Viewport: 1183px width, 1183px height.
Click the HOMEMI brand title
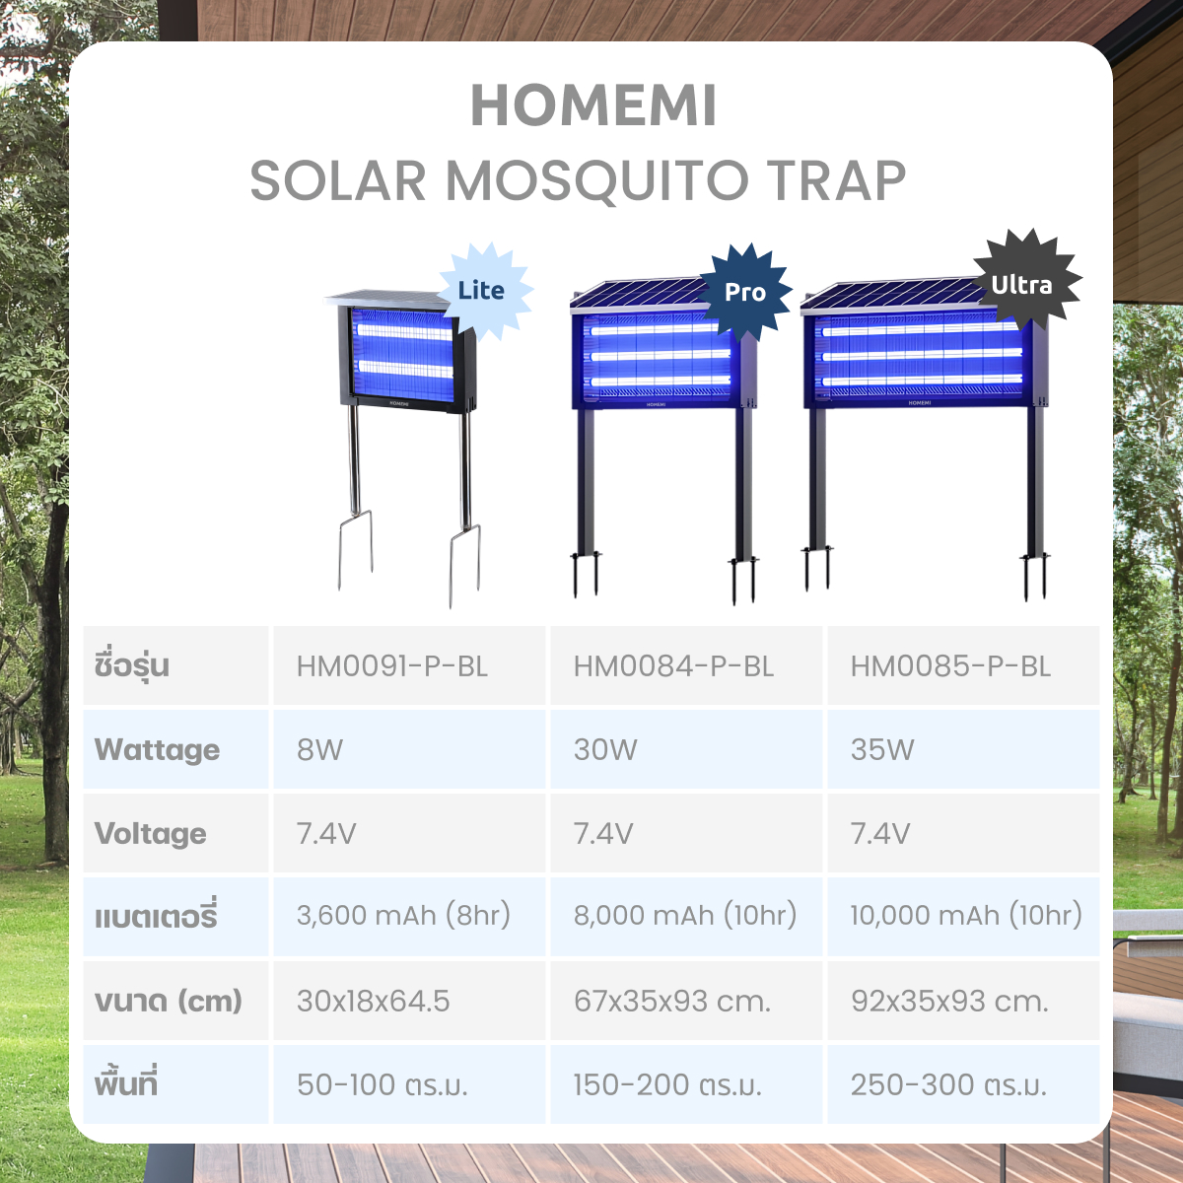(593, 105)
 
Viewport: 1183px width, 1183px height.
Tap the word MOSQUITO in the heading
(597, 181)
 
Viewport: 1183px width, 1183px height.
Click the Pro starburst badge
(744, 292)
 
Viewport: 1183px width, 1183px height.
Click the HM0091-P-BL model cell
(409, 665)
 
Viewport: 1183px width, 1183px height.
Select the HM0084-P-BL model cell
(686, 665)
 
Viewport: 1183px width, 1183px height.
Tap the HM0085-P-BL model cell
(963, 665)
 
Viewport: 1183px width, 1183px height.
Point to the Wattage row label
(157, 750)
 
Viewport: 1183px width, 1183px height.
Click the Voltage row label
(151, 834)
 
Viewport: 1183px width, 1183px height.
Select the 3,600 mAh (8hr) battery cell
(409, 916)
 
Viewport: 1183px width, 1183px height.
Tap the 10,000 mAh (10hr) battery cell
(963, 916)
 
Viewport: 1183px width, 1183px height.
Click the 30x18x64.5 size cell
(409, 1000)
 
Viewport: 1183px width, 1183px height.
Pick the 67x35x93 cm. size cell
(686, 1000)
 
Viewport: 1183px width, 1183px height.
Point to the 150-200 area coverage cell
(686, 1084)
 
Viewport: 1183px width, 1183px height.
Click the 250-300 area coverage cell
(963, 1084)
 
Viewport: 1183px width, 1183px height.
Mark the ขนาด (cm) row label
(169, 1002)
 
